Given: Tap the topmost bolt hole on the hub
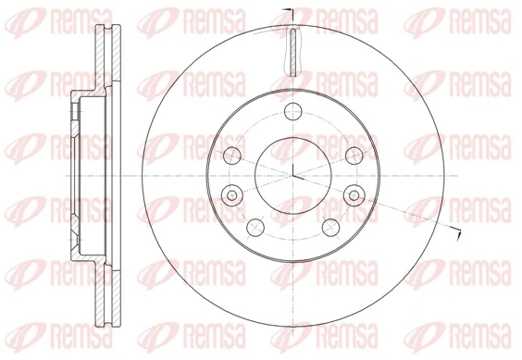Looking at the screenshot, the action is tap(293, 112).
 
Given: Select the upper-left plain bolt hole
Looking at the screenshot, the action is tap(232, 155).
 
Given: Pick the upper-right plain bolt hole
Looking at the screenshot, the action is tap(354, 155).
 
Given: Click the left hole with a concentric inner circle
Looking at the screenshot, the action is tap(232, 195).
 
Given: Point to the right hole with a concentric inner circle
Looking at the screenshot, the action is tap(354, 195).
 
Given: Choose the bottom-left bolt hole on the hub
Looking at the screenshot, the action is tap(255, 228).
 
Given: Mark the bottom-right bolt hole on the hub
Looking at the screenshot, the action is tap(331, 228).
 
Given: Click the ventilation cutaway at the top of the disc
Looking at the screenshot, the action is tap(293, 52).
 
